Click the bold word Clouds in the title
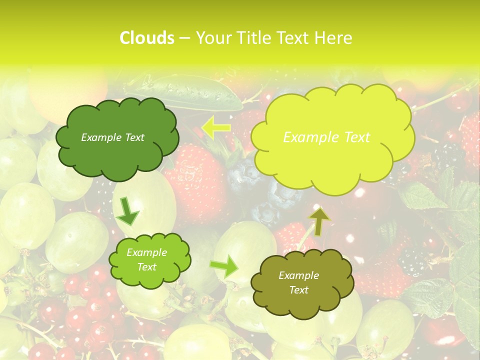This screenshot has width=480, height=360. (x=147, y=38)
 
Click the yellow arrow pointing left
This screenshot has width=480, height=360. (x=215, y=127)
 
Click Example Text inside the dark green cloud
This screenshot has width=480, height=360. (x=112, y=137)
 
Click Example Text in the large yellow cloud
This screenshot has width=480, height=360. (x=326, y=137)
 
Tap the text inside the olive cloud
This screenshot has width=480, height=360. (x=298, y=282)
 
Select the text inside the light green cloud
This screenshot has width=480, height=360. (x=146, y=260)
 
